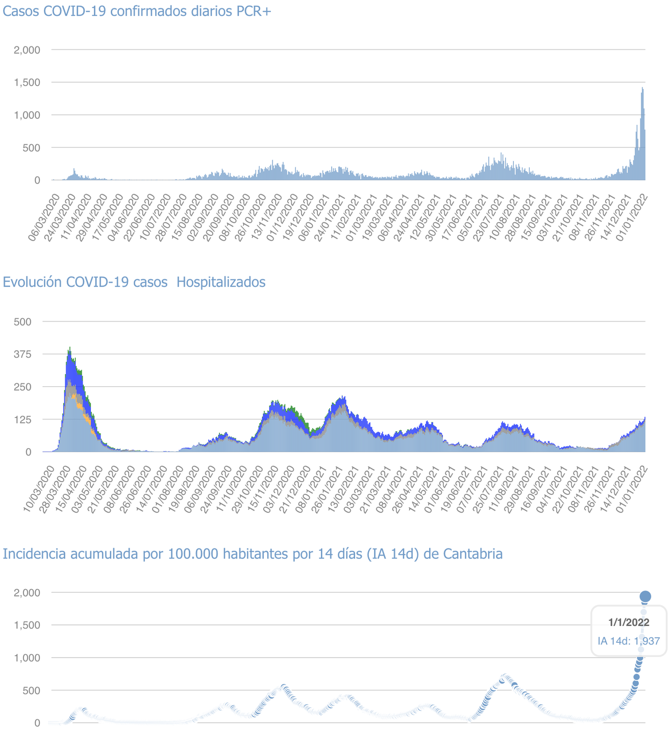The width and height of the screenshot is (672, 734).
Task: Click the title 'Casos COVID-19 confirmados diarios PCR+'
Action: coord(137,11)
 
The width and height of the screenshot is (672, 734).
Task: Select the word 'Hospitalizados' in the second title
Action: coord(221,282)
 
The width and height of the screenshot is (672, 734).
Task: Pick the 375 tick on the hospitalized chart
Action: coord(22,354)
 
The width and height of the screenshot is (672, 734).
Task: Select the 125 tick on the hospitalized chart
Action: coord(22,420)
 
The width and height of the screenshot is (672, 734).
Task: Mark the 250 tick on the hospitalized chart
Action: coord(22,387)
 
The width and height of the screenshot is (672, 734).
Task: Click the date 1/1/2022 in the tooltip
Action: coord(629,622)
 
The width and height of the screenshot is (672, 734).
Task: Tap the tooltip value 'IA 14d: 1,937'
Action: coord(629,641)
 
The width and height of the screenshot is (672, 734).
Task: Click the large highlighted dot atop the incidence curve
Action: coord(645,596)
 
